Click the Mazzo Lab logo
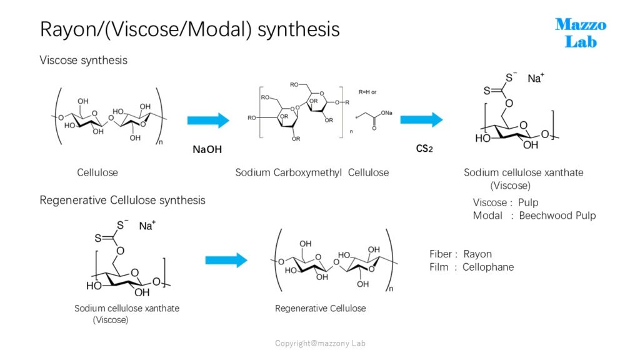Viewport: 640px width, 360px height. click(x=581, y=33)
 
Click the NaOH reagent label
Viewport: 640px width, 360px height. click(x=207, y=149)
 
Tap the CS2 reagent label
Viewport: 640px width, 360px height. click(x=424, y=149)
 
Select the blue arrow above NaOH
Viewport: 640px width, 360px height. click(x=208, y=121)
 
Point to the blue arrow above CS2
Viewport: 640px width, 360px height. click(x=421, y=119)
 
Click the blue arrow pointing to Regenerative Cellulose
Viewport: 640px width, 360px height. click(x=226, y=260)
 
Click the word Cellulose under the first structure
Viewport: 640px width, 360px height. click(x=97, y=172)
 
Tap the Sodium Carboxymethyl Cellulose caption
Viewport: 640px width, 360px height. click(x=312, y=172)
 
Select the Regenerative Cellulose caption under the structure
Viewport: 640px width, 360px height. click(x=321, y=309)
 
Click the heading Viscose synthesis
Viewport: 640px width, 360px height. click(x=84, y=61)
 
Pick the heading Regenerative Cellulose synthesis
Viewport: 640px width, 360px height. click(x=122, y=201)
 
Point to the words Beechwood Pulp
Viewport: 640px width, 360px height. click(x=557, y=216)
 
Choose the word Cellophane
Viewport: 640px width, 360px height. click(x=488, y=267)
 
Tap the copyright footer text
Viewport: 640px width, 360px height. click(x=320, y=343)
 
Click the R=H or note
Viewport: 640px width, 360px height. click(x=367, y=92)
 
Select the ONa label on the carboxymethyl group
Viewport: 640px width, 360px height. click(x=386, y=113)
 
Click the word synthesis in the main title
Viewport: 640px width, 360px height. click(x=299, y=29)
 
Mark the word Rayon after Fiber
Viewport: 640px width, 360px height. click(x=477, y=254)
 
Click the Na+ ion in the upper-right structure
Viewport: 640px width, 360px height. click(x=536, y=78)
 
